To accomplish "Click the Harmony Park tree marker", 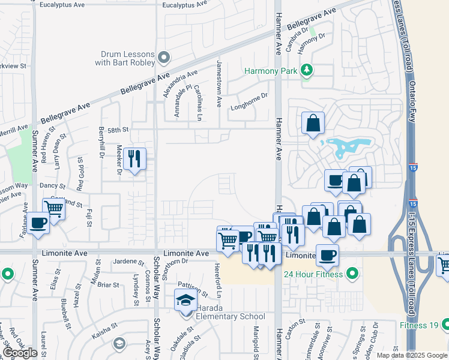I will pos(307,70).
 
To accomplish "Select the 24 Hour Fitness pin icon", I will pos(352,274).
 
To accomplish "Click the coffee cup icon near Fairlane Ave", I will pos(38,223).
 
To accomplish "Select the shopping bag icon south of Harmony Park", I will pos(313,124).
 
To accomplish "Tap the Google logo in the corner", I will pos(20,353).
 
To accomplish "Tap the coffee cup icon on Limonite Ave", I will pos(327,255).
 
